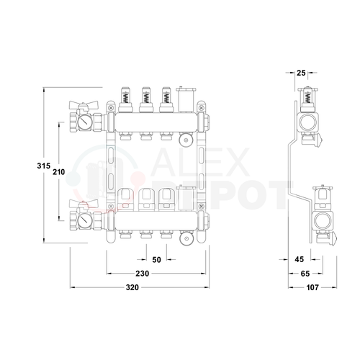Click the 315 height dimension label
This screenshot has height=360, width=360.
point(44,166)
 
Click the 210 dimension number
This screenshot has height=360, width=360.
point(59,172)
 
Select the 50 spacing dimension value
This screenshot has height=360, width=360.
point(156,260)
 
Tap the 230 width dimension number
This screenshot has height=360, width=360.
point(143,274)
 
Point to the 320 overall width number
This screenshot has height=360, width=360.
point(132,287)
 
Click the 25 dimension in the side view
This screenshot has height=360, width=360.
point(301,73)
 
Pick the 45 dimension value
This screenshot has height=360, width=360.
point(300,259)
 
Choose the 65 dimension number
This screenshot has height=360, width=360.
point(305,274)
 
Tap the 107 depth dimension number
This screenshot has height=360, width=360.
point(312,287)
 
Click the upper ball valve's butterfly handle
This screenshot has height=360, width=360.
point(84,104)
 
